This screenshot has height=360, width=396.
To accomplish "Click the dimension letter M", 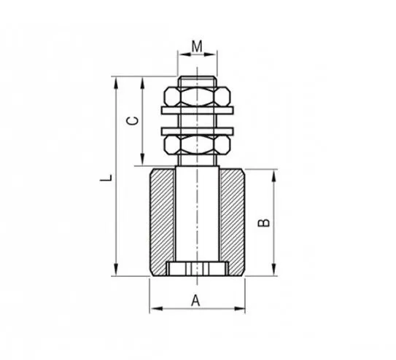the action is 197,46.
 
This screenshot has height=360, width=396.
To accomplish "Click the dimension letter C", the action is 132,121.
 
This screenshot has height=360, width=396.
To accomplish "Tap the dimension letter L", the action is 106,177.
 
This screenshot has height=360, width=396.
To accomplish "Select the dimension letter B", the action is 264,223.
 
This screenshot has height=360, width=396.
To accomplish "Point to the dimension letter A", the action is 195,300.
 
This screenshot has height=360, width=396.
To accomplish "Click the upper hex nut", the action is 197,97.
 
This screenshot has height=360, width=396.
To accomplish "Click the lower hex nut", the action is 197,145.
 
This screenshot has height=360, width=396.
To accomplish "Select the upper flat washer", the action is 197,110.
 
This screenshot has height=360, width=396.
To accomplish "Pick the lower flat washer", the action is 197,131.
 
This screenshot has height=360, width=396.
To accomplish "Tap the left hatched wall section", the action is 162,222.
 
